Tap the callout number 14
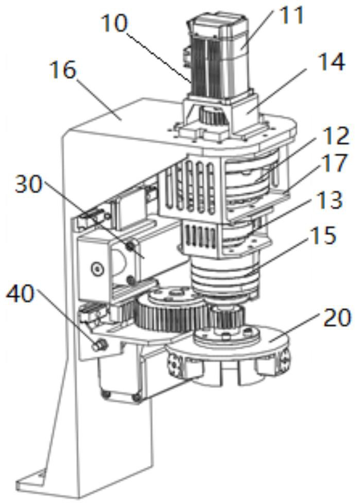(331, 61)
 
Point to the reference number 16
(63, 70)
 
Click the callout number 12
(333, 136)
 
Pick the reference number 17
(334, 163)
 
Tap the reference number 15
(323, 236)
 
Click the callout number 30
(28, 185)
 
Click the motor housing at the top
(219, 58)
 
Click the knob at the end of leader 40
(99, 345)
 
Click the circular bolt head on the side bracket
(97, 267)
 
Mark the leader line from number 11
(259, 29)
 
